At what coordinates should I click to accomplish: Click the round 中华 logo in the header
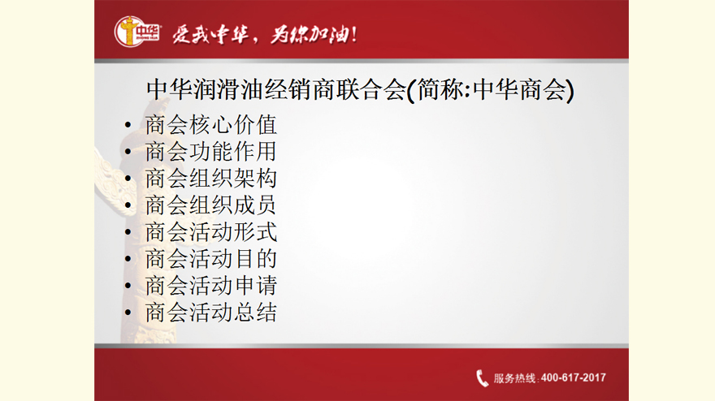tap(136, 32)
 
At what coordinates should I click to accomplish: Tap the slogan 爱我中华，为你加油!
tap(265, 34)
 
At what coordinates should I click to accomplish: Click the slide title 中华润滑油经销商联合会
tap(276, 89)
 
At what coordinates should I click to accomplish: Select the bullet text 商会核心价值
tap(210, 125)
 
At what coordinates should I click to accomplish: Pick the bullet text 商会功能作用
tap(210, 152)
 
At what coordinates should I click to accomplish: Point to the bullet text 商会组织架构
tap(210, 178)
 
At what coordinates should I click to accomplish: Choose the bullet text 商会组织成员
tap(210, 205)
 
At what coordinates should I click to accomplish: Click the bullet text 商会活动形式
tap(210, 232)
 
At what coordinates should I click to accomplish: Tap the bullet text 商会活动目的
tap(210, 259)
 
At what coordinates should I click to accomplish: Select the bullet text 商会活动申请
tap(210, 286)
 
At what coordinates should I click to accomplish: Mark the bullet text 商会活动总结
tap(210, 313)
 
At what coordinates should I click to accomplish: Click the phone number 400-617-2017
tap(573, 377)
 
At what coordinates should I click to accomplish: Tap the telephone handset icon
tap(482, 378)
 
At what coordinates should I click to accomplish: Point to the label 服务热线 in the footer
tap(513, 378)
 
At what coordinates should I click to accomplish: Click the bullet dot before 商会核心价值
tap(128, 125)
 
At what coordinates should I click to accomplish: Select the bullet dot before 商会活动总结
tap(128, 313)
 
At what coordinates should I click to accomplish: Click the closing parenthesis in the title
tap(570, 90)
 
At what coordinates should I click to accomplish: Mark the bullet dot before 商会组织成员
tap(128, 205)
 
